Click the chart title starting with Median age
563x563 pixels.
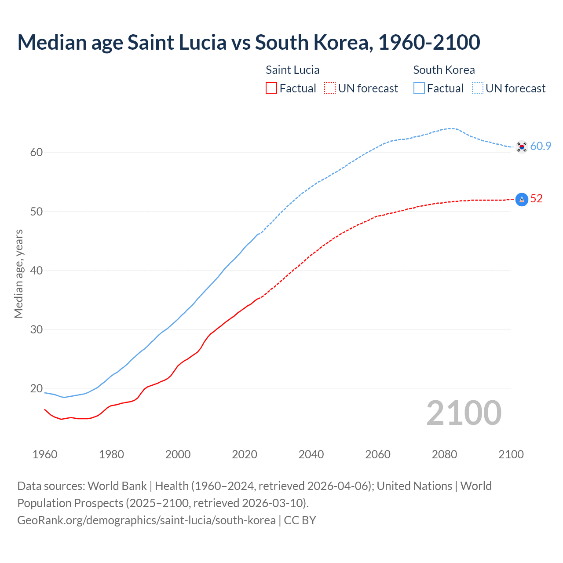point(249,42)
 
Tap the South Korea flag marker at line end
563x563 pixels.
point(522,146)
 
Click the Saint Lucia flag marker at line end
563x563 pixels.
point(522,199)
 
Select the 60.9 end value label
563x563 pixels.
point(541,146)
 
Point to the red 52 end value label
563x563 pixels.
point(537,199)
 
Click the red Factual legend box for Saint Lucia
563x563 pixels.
point(271,88)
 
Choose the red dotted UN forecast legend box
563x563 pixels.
point(330,88)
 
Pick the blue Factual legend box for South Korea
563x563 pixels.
point(419,88)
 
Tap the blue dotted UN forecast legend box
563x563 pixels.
point(478,88)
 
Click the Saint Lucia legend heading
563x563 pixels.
point(292,70)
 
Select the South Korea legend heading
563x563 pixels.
point(444,70)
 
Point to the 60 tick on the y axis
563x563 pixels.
point(37,153)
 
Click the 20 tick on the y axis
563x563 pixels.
point(37,389)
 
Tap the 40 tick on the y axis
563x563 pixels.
point(37,271)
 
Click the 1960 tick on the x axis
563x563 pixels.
point(45,454)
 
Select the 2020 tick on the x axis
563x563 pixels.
point(245,454)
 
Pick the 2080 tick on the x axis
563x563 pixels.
point(444,454)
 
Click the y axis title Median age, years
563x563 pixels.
point(18,274)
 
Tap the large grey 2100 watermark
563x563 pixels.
point(464,413)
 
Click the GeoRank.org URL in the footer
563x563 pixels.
point(146,520)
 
